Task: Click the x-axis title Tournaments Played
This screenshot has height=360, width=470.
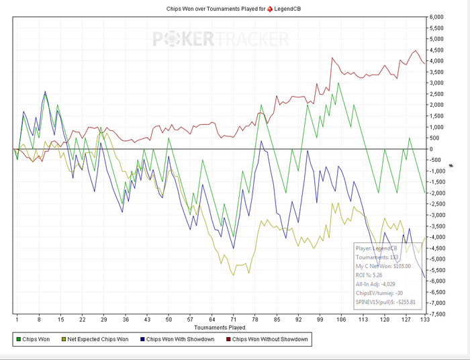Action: point(220,327)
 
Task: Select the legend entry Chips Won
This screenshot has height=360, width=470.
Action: point(36,339)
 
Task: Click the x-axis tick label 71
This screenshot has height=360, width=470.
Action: point(233,320)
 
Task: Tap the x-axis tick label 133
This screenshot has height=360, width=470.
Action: point(424,320)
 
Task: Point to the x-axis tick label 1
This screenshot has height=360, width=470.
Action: point(17,320)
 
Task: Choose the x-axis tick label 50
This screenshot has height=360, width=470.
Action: point(169,320)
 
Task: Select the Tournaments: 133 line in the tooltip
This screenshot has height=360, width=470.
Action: point(377,257)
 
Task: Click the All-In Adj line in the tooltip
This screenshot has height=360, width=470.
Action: point(377,283)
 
